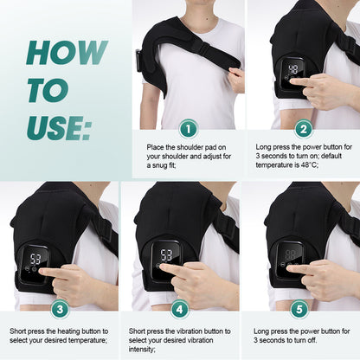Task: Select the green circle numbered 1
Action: [x=188, y=129]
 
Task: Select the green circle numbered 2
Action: [x=303, y=129]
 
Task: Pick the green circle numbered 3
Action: [x=59, y=309]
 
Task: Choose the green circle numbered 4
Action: [x=180, y=309]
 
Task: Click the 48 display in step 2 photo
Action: [x=294, y=68]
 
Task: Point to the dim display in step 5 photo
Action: [x=293, y=255]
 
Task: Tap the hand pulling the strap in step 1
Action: [x=235, y=80]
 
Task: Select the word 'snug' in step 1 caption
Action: [x=173, y=167]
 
